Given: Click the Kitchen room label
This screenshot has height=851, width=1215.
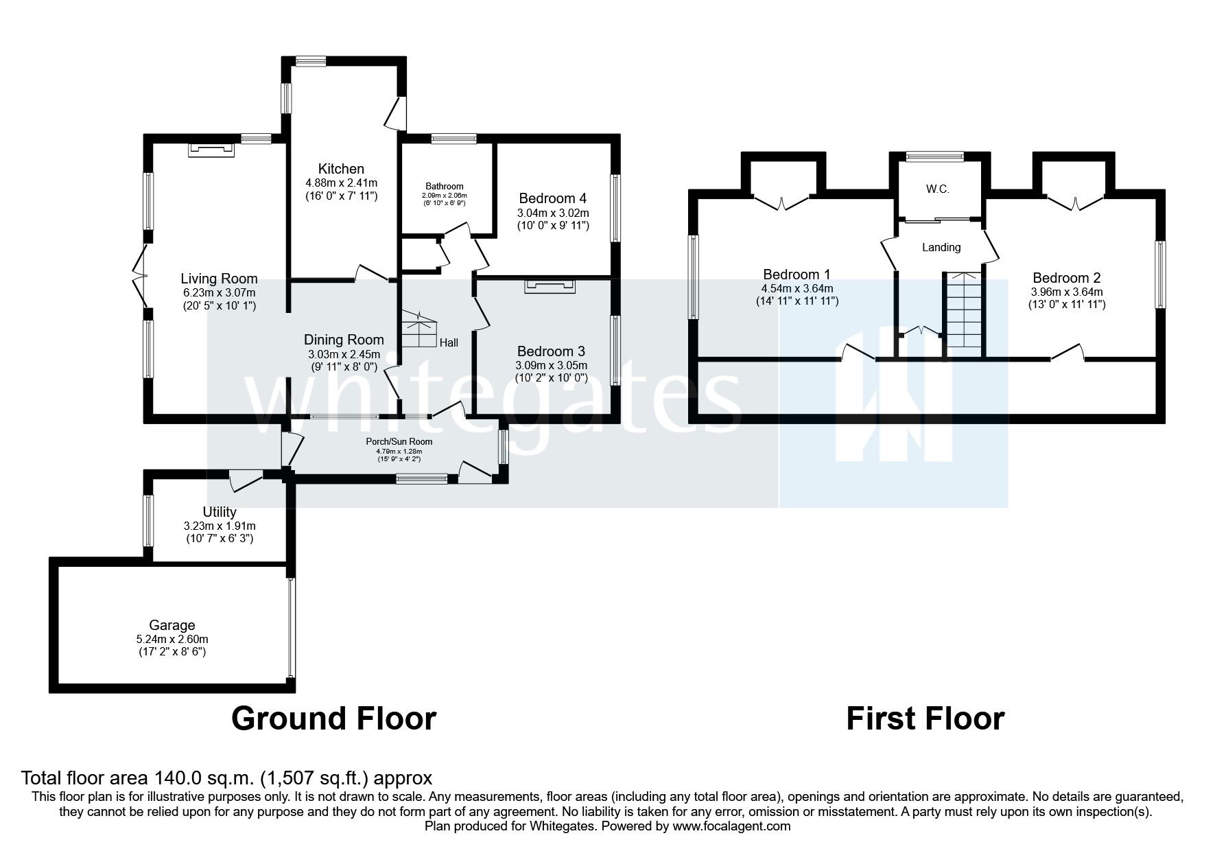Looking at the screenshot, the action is [341, 169].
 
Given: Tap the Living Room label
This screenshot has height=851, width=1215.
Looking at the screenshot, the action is [219, 279].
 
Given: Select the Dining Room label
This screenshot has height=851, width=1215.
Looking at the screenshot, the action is [344, 340].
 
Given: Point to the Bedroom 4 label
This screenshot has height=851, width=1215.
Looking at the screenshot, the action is [553, 198].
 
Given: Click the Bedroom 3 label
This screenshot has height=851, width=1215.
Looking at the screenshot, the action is [551, 351].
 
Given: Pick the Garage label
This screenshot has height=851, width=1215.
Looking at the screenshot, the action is [172, 626].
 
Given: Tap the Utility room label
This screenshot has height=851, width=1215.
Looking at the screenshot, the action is [220, 512].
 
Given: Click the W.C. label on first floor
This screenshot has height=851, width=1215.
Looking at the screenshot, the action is [937, 189].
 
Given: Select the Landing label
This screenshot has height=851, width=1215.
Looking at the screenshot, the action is [941, 247].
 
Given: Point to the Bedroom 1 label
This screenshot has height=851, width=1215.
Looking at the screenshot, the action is [797, 275].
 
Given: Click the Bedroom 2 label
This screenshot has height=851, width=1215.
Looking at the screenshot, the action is [1067, 278].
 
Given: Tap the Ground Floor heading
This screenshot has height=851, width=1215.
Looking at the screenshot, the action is [334, 719].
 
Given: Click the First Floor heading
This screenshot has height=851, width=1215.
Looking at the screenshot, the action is [925, 719].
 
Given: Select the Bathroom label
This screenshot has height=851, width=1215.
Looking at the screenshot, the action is [445, 187].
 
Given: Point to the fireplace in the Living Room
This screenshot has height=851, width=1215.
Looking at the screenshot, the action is [212, 149].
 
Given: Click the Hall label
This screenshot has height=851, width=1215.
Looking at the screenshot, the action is [449, 342].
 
